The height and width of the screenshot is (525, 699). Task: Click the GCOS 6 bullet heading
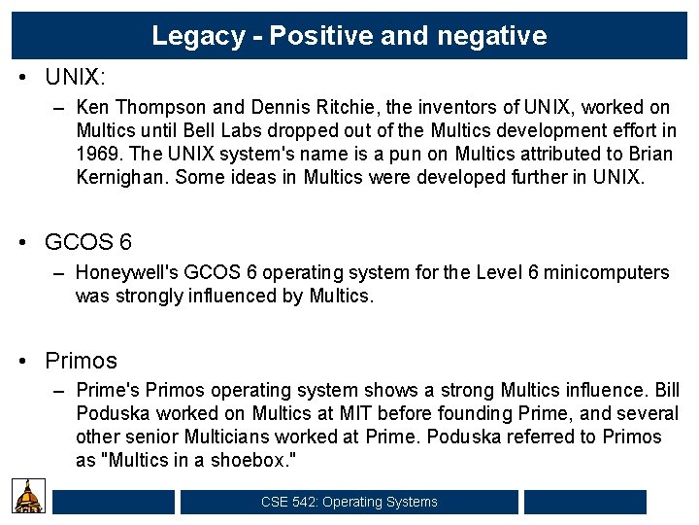pos(88,242)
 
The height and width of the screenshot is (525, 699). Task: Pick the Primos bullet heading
pos(81,361)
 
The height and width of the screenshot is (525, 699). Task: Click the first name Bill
pos(667,390)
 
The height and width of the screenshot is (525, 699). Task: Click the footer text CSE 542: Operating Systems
pos(349,502)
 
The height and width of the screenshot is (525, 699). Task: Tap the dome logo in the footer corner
pos(30,497)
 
